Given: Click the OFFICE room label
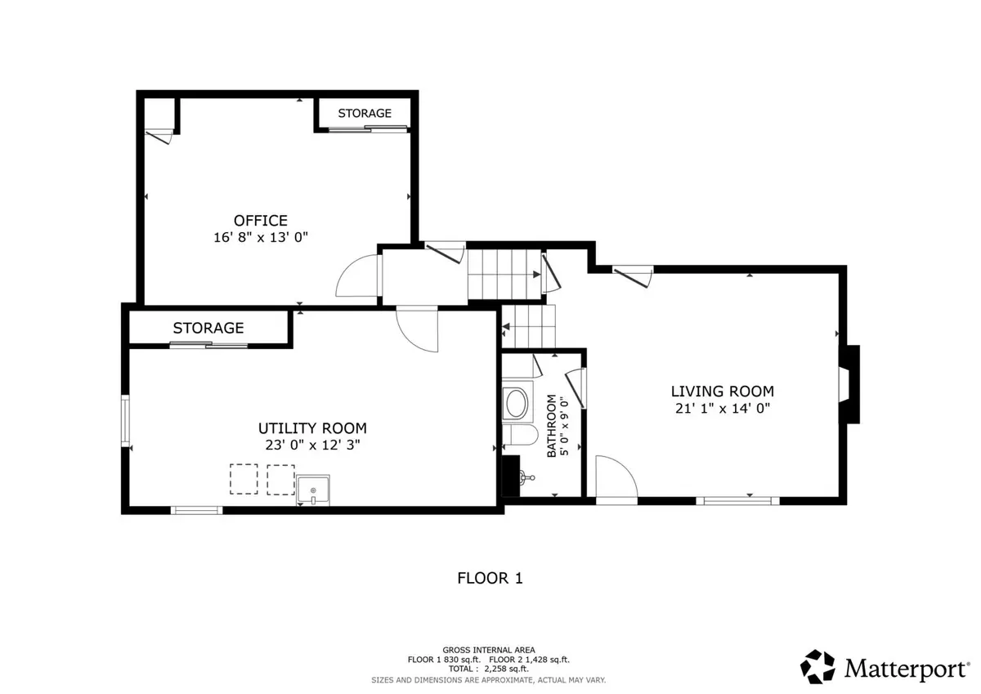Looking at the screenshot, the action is [x=261, y=220].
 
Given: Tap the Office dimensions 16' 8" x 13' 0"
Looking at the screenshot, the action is [x=261, y=237].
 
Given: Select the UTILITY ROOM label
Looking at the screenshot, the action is [x=312, y=428].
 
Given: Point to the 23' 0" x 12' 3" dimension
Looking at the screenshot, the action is [x=312, y=445].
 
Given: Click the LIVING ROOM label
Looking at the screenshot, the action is [x=723, y=391].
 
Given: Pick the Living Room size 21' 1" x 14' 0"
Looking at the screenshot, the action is [x=723, y=408].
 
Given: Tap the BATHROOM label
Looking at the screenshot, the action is [x=551, y=426].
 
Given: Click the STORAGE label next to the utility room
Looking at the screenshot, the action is [x=208, y=328].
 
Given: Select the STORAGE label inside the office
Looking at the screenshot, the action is [x=365, y=114].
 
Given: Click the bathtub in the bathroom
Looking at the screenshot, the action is [x=517, y=402].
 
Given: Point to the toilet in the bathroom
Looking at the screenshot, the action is [x=520, y=435].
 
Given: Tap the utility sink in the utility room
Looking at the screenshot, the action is [x=312, y=490].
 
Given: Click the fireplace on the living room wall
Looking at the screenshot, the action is [x=849, y=384].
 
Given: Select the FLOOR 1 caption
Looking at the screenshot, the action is [x=490, y=579].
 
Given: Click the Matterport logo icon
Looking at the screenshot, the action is [x=817, y=667].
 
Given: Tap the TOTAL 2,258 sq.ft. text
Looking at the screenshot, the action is [x=488, y=669].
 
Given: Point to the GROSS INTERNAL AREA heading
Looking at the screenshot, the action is [x=489, y=650].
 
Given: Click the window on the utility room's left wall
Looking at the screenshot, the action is [x=125, y=420].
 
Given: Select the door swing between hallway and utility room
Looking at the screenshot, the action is [x=417, y=329].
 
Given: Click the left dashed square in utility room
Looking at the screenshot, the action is [x=244, y=479].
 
